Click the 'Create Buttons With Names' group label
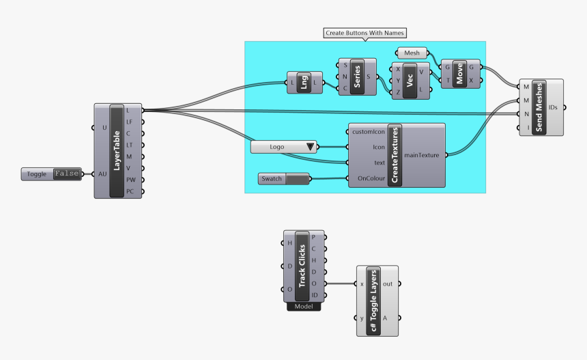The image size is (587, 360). [365, 33]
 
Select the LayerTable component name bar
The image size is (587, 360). [116, 150]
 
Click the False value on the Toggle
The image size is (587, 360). [67, 174]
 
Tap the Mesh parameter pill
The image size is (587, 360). [412, 53]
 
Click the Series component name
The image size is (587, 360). [357, 77]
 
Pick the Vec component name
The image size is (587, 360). [411, 81]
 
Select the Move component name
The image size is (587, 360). [460, 74]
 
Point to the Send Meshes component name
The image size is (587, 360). [539, 108]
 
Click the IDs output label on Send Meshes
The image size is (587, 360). [553, 108]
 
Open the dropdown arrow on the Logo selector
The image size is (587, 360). [311, 146]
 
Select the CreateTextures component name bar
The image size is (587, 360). [395, 155]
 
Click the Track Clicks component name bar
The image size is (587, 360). [302, 266]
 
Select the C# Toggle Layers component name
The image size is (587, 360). [373, 300]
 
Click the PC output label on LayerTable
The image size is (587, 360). [130, 192]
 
